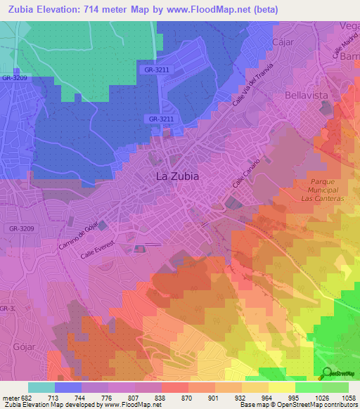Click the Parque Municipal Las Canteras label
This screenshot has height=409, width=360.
pyautogui.click(x=325, y=190)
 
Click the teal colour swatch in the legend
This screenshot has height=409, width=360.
pyautogui.click(x=41, y=387)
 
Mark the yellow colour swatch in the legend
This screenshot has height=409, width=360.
pyautogui.click(x=281, y=387)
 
